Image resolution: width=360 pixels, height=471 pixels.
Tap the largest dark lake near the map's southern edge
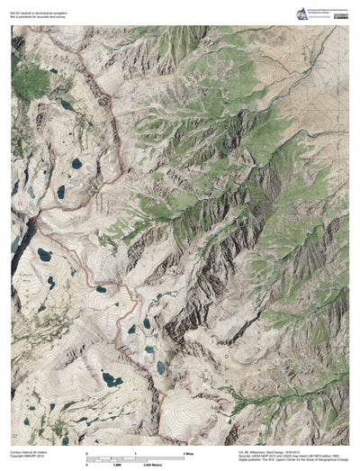pyautogui.click(x=112, y=380)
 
